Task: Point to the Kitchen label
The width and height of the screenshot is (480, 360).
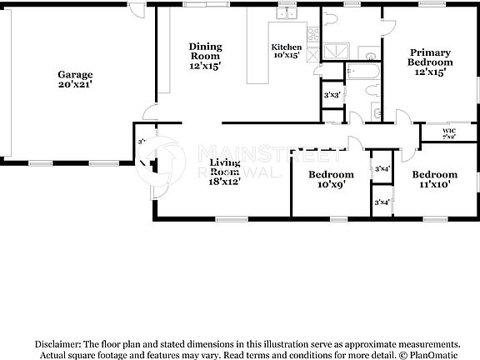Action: tap(286, 47)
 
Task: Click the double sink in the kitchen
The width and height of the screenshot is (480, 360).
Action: tap(287, 12)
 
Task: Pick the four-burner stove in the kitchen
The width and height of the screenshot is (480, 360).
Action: tap(313, 35)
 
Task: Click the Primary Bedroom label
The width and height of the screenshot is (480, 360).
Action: tap(430, 57)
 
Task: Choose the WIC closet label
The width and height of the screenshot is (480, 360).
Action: tap(448, 130)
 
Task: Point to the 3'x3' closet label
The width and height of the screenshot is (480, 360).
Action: tap(331, 94)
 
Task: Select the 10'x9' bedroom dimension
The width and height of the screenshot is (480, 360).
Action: tap(331, 186)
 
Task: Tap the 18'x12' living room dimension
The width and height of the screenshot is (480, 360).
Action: tap(225, 180)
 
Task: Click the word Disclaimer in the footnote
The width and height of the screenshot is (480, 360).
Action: tap(57, 343)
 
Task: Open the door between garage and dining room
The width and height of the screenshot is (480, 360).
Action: tap(148, 110)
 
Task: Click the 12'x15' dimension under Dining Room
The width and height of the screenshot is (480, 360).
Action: tap(204, 65)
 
